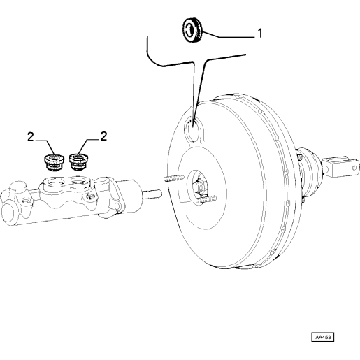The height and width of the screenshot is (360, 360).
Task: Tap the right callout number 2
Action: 103,136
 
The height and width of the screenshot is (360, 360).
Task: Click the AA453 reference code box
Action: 322,337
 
